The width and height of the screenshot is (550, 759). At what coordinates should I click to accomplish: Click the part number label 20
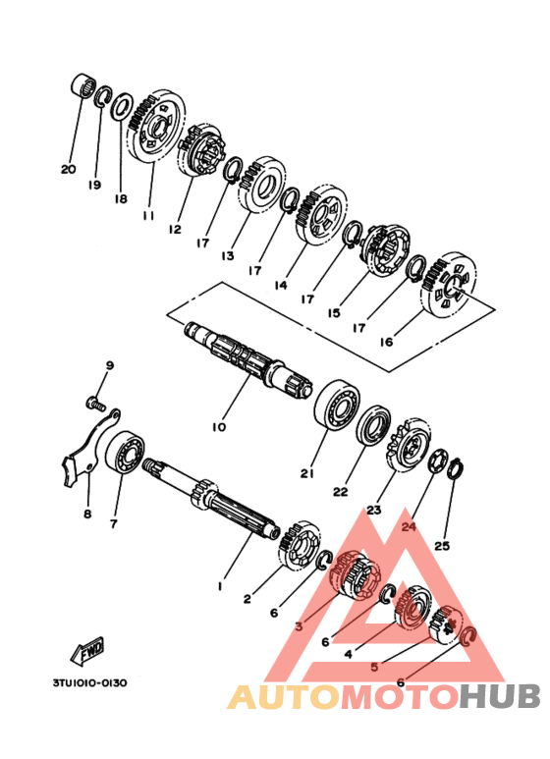tap(69, 169)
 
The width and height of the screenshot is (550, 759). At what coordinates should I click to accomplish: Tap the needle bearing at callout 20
tap(82, 85)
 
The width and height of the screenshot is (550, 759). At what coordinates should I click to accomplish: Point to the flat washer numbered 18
tap(122, 106)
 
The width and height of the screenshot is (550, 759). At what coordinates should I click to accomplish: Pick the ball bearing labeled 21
tap(337, 405)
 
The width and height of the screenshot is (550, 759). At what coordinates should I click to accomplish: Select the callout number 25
tap(442, 546)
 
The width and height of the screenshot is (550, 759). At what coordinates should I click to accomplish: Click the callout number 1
tap(220, 586)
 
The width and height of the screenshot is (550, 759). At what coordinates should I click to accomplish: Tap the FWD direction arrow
tap(87, 650)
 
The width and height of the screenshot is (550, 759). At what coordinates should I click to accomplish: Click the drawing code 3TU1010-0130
tap(90, 683)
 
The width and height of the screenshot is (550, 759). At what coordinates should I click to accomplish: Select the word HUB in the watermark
tap(499, 697)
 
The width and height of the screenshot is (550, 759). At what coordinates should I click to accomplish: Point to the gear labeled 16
tap(449, 285)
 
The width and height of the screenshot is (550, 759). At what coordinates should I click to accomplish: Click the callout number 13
tap(228, 255)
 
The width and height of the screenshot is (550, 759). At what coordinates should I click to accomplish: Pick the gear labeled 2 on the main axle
tap(300, 544)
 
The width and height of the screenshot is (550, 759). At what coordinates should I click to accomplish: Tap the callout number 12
tap(174, 229)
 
